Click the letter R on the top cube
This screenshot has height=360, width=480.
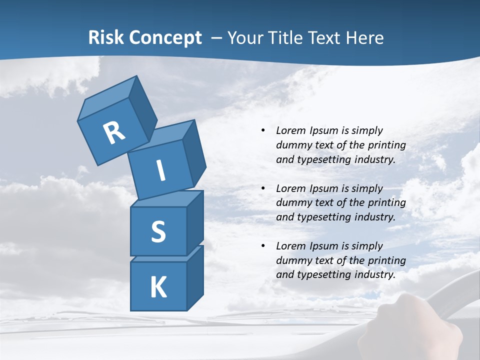point(114,133)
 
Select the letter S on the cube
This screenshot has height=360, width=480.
point(158,231)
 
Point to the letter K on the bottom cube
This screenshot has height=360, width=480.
point(158,287)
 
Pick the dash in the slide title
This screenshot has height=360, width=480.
point(216,38)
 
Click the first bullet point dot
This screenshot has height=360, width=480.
point(263,130)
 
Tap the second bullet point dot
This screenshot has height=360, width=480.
point(263,188)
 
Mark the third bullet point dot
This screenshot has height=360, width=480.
point(263,246)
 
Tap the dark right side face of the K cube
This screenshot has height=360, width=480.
point(195,277)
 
